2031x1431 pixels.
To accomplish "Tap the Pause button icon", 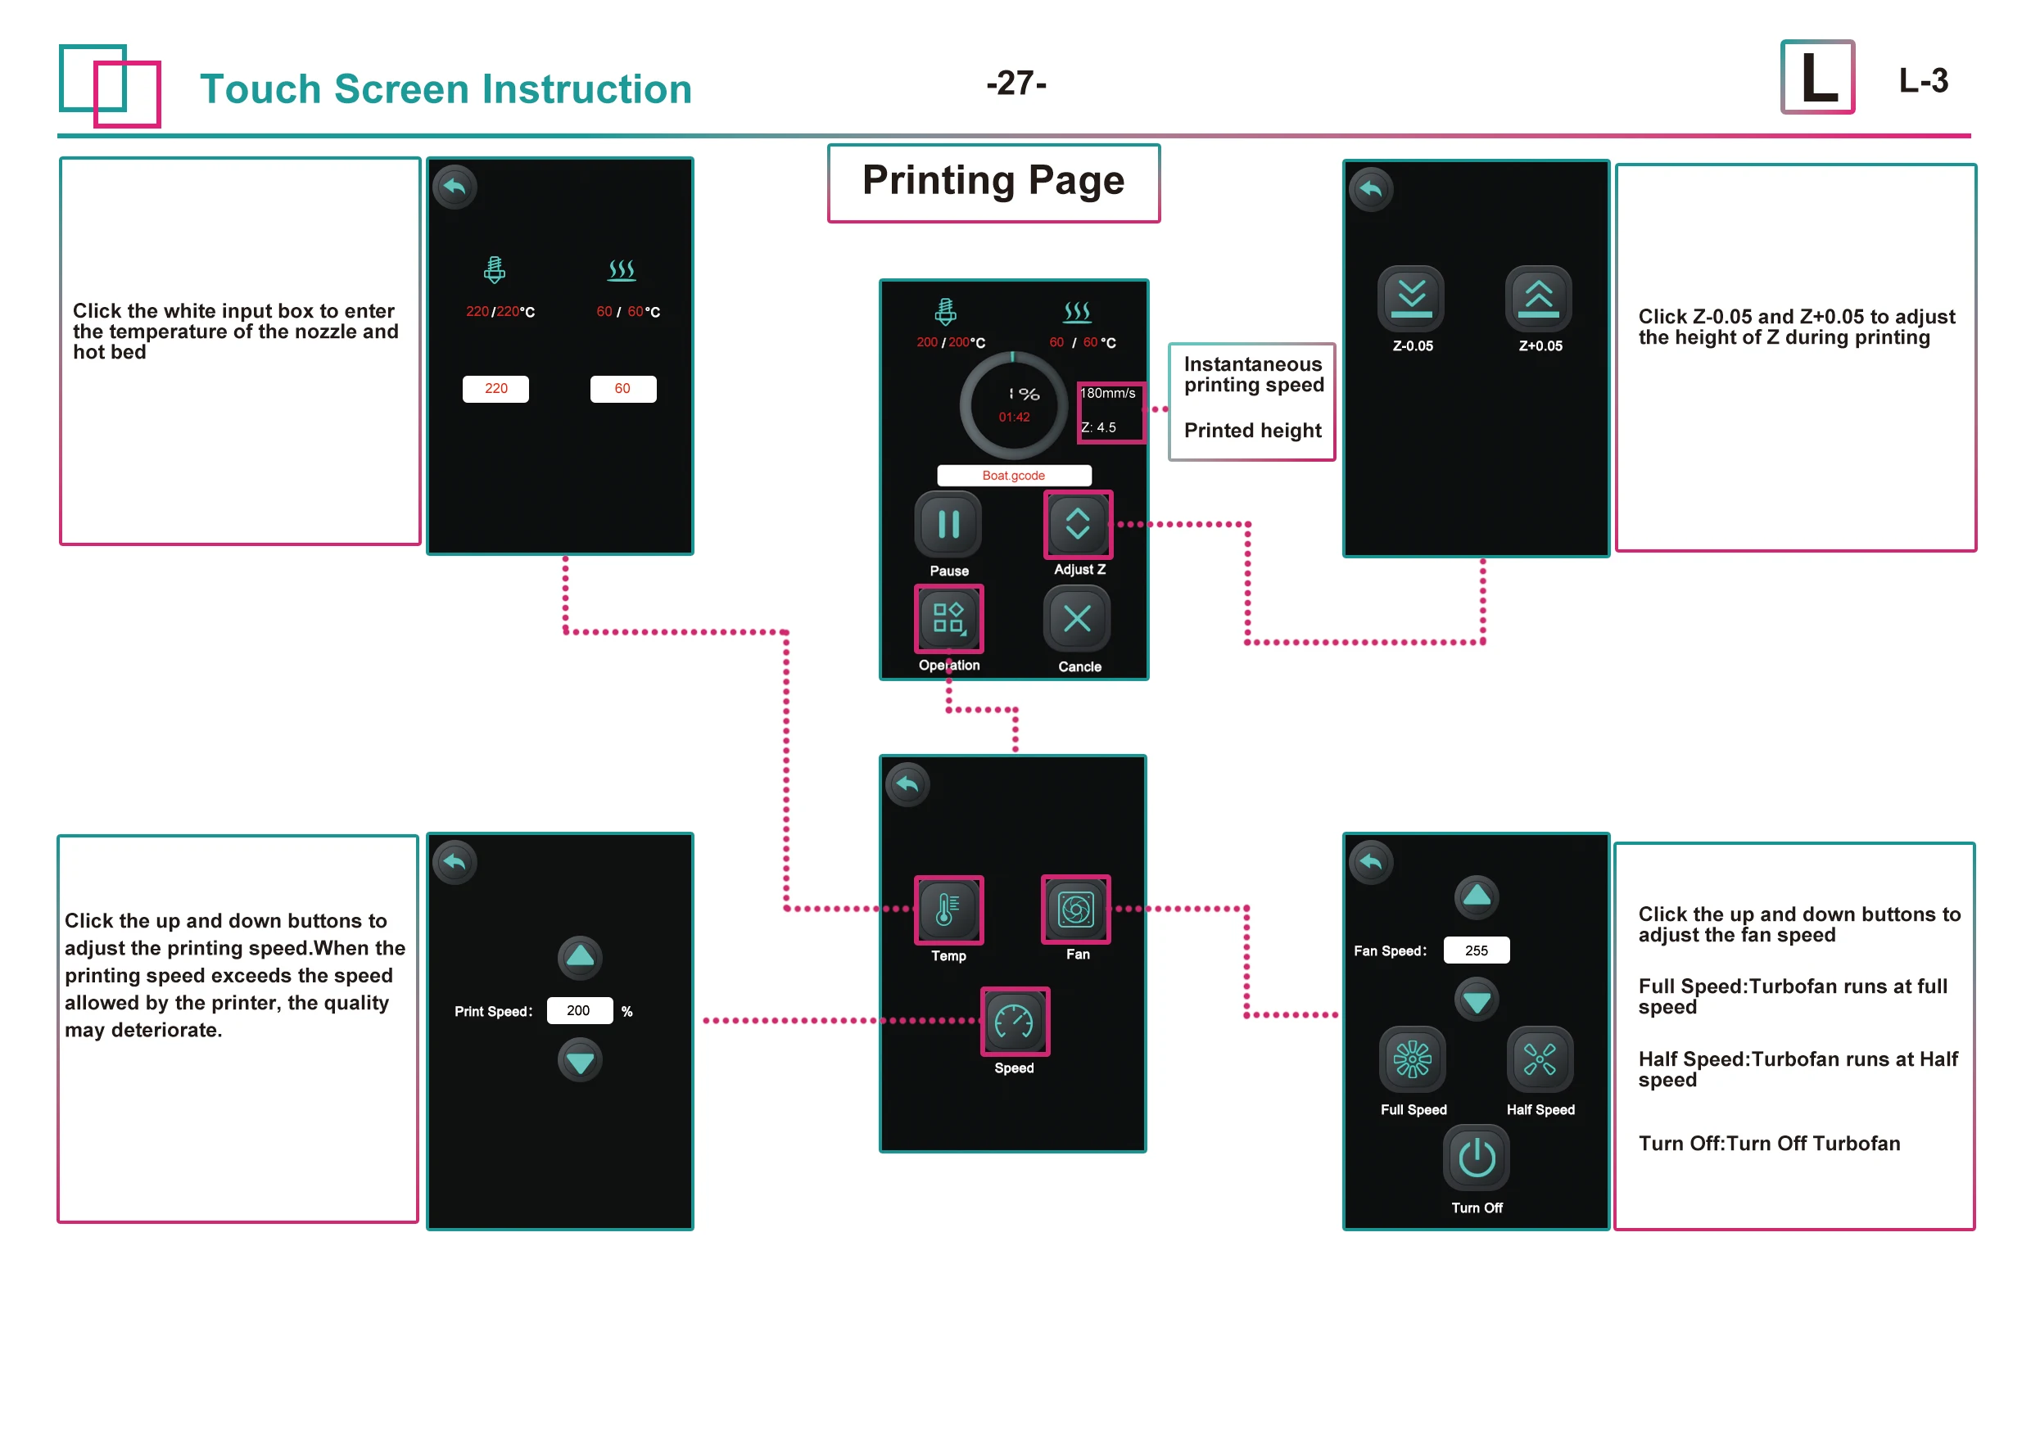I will tap(948, 525).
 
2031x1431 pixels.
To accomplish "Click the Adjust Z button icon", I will tap(1078, 524).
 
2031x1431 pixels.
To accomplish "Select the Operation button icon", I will tap(948, 618).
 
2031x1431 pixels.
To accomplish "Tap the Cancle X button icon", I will tap(1077, 618).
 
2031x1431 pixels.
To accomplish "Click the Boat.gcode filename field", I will tap(1014, 476).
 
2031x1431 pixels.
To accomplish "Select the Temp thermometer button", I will tap(948, 910).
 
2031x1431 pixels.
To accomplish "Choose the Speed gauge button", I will tap(1014, 1022).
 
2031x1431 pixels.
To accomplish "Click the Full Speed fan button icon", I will tap(1413, 1059).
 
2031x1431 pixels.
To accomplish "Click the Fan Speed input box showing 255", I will tap(1477, 950).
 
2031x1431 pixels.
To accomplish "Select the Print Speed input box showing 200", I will tap(579, 1011).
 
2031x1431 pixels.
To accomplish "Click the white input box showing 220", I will tap(495, 389).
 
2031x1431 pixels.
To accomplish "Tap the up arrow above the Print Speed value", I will tap(581, 957).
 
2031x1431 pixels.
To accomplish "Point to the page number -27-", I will tap(1015, 84).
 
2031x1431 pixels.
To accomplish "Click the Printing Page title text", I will tap(993, 181).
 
